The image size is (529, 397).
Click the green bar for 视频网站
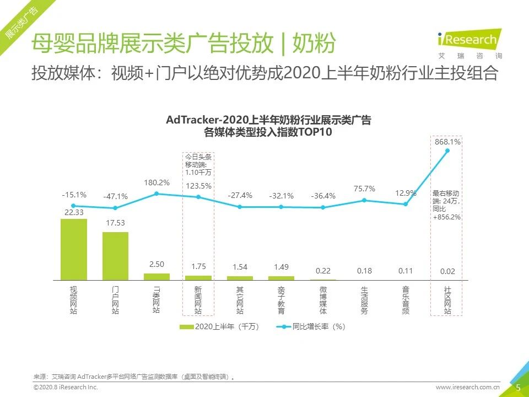(x=73, y=249)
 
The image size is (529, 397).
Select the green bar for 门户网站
(x=115, y=256)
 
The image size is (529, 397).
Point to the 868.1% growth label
(x=447, y=142)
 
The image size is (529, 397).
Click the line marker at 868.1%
(x=447, y=151)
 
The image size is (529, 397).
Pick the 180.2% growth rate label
(x=157, y=183)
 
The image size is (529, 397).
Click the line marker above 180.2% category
(x=157, y=194)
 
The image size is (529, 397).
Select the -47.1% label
(x=115, y=196)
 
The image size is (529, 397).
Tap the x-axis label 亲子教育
(x=281, y=301)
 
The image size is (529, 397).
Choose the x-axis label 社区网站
(x=447, y=301)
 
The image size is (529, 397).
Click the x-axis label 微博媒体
(x=323, y=301)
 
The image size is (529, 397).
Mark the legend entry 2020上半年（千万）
(x=219, y=326)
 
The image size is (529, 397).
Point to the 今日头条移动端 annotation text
(x=198, y=165)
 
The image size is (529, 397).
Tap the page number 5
(x=518, y=388)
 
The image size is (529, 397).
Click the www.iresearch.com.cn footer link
(x=468, y=388)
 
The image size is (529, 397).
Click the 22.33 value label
(x=73, y=213)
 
